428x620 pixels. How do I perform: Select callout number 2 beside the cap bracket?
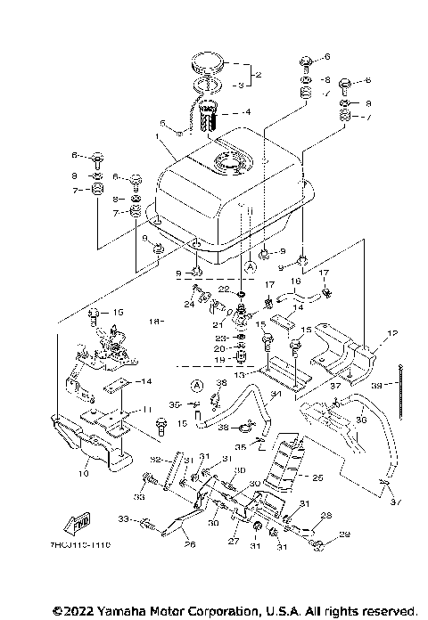259,75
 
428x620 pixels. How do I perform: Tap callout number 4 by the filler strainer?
248,112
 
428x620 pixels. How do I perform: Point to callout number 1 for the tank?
158,138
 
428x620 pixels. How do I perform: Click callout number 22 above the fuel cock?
225,289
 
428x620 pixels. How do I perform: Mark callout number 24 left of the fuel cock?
189,304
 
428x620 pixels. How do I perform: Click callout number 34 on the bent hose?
276,395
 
